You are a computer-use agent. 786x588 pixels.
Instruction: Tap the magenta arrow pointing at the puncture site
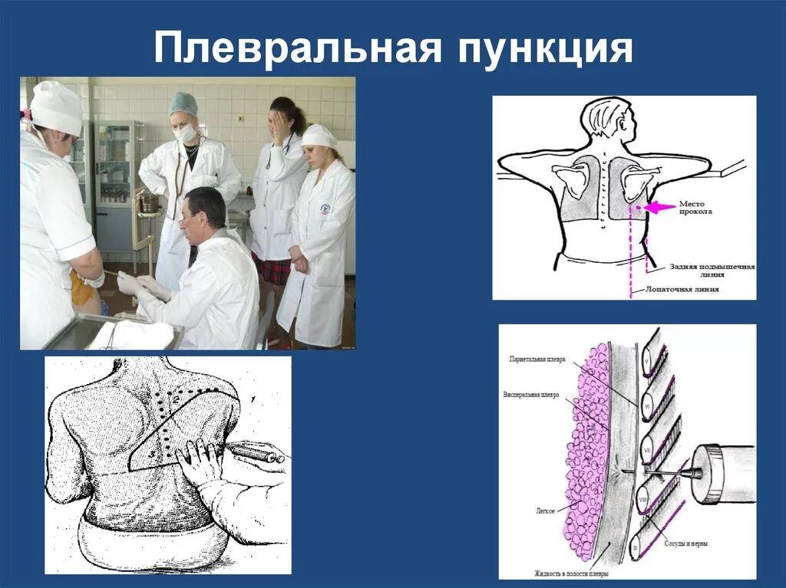coord(658,206)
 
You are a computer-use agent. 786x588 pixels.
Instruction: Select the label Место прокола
coord(696,208)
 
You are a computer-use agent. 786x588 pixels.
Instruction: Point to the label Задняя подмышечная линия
coord(710,271)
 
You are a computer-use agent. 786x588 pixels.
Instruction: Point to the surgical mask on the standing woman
coord(184,133)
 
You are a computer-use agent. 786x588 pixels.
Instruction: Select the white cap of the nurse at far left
coord(56,107)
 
